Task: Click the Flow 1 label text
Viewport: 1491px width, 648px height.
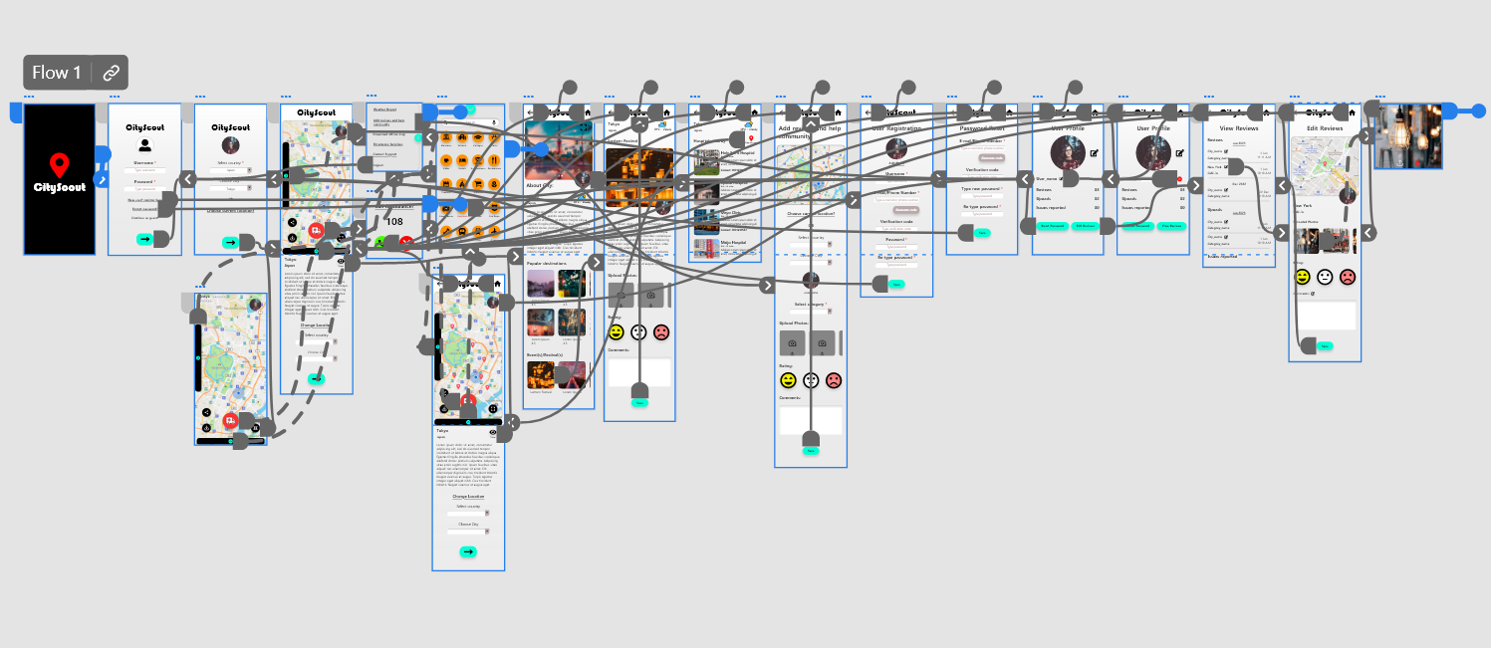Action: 57,73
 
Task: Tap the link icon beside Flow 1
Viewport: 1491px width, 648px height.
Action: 112,73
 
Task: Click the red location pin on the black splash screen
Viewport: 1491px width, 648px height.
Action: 59,166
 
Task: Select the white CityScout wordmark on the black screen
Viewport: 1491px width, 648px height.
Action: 59,187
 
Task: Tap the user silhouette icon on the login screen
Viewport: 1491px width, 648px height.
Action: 144,145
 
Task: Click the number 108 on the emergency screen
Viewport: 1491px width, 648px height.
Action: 394,222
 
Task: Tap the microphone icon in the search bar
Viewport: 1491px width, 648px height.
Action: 493,121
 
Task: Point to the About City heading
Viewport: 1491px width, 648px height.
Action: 542,186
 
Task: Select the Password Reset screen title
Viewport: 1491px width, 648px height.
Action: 980,129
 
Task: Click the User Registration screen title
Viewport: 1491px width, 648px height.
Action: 896,129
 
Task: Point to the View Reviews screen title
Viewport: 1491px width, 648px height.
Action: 1238,127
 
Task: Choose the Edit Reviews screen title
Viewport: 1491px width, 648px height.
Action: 1324,128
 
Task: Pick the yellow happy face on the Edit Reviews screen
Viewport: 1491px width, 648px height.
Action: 1302,277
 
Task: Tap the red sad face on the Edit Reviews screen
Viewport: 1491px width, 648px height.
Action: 1348,277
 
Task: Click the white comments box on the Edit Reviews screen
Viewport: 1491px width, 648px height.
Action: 1324,316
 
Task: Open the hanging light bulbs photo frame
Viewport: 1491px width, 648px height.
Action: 1407,136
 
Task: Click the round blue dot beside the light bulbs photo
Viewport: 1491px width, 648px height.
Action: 1479,110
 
